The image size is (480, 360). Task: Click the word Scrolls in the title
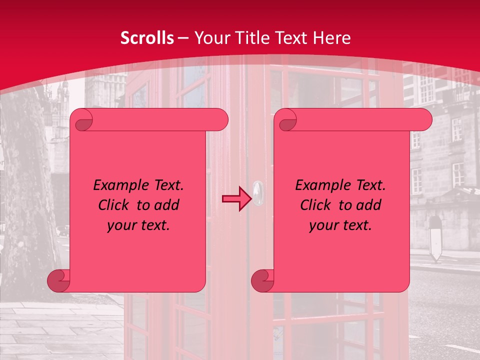(x=147, y=38)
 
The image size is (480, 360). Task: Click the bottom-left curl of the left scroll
(x=58, y=281)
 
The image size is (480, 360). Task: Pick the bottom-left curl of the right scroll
(x=262, y=281)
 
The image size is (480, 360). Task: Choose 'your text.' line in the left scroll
(x=138, y=225)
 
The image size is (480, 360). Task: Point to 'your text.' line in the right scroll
(x=340, y=225)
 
